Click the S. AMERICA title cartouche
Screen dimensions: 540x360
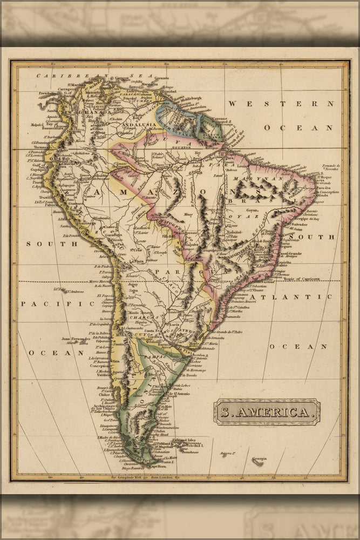[267, 412]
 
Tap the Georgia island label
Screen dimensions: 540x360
[257, 458]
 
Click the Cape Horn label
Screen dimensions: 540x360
[157, 465]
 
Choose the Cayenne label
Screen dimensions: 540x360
[219, 118]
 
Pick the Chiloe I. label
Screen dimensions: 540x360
[105, 394]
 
